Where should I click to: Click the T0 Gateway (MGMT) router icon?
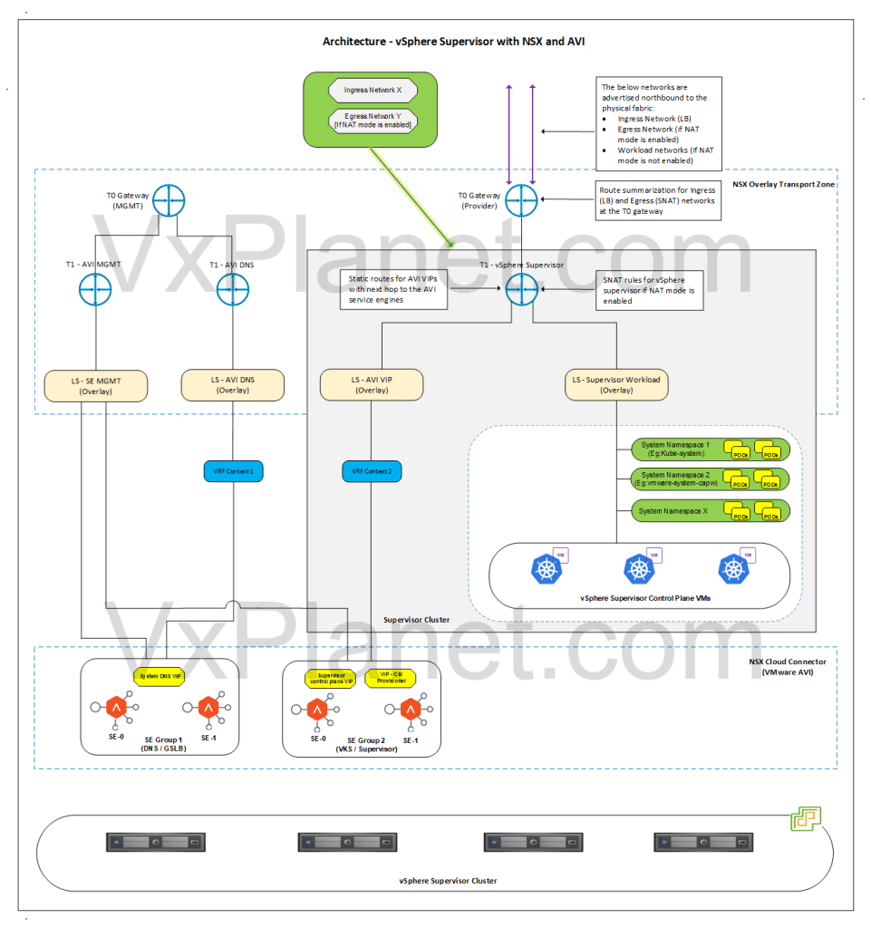click(x=169, y=201)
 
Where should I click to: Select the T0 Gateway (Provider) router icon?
click(x=521, y=201)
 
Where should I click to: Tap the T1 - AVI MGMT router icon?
click(x=94, y=291)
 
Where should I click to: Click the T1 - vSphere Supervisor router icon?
click(x=521, y=291)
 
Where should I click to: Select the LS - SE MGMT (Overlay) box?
click(x=95, y=385)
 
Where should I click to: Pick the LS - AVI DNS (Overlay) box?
click(x=233, y=385)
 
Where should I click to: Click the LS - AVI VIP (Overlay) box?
click(x=372, y=385)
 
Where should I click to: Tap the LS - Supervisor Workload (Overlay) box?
click(x=617, y=385)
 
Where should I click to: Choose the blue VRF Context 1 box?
click(x=233, y=471)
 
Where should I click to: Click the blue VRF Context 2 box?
click(x=372, y=471)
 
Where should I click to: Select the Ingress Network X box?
click(x=373, y=90)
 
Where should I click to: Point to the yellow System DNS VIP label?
click(x=159, y=676)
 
